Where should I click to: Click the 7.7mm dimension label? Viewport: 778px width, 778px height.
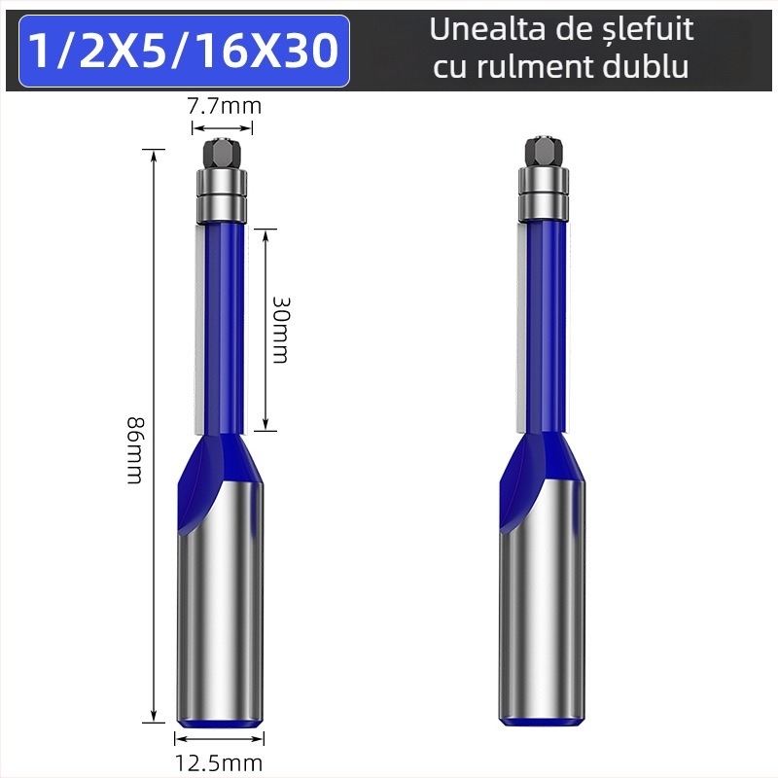tap(224, 106)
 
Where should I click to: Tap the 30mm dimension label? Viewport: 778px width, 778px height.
tap(280, 329)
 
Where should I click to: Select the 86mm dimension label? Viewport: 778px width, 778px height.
tap(135, 451)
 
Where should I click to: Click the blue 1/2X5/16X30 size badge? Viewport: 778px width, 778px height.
tap(184, 51)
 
